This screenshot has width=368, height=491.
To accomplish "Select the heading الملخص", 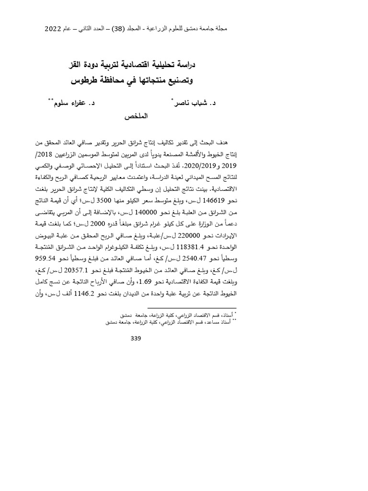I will (136, 117).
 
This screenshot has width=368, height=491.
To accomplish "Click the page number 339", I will (136, 338).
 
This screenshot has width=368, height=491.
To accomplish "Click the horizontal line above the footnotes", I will (192, 308).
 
